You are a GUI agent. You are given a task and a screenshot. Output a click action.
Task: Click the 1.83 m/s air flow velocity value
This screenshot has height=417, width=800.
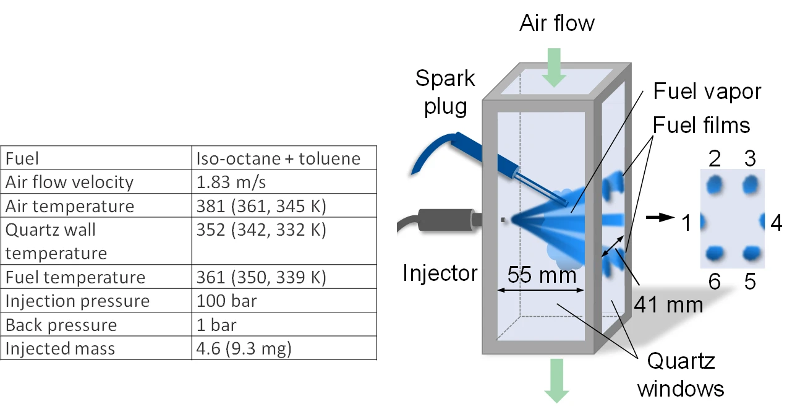point(231,182)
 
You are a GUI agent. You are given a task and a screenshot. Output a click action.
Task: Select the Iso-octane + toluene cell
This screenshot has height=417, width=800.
point(278,158)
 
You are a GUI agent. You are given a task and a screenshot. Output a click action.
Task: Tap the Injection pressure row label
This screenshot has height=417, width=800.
point(77,301)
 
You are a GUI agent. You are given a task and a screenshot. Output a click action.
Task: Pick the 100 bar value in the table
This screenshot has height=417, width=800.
point(226,301)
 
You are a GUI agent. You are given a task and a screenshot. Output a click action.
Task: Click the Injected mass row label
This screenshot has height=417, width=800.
point(60,348)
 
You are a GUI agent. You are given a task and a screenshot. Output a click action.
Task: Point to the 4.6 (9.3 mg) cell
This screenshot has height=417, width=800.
point(244,348)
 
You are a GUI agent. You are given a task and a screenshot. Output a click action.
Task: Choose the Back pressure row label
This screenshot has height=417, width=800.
point(61,325)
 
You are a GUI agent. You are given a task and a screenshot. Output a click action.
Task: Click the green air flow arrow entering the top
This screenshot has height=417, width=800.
point(554,67)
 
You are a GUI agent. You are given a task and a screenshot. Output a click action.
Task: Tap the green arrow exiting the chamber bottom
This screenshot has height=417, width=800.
point(556,381)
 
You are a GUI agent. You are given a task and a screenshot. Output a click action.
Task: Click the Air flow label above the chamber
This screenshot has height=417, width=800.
point(557,24)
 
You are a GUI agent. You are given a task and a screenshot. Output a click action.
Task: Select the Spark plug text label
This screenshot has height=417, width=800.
point(445,92)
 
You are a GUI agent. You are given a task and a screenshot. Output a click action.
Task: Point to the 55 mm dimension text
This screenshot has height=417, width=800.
point(542,275)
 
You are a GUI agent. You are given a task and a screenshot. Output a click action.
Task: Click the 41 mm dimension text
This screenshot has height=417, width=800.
point(668,305)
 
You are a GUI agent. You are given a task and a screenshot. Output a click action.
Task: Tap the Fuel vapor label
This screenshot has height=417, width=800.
point(707,91)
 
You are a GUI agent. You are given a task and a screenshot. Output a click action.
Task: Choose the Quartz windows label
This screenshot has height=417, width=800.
point(681,375)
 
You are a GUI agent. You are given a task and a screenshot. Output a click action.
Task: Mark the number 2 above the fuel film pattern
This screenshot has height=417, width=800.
point(715,158)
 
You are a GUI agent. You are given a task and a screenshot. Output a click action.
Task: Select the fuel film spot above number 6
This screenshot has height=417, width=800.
point(715,253)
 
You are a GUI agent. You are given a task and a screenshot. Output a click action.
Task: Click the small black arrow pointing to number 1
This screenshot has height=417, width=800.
point(660,217)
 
